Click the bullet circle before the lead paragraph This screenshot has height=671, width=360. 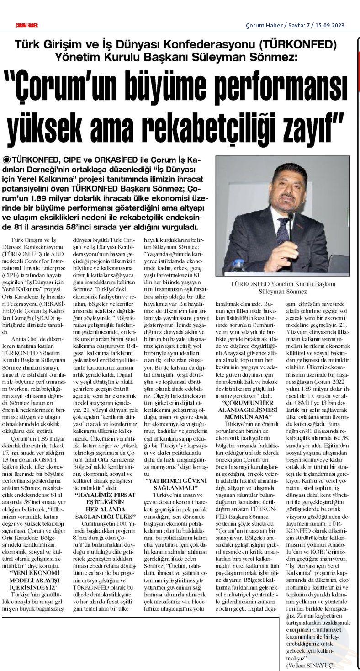click(6, 160)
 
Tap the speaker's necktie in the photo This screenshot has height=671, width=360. click(282, 231)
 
